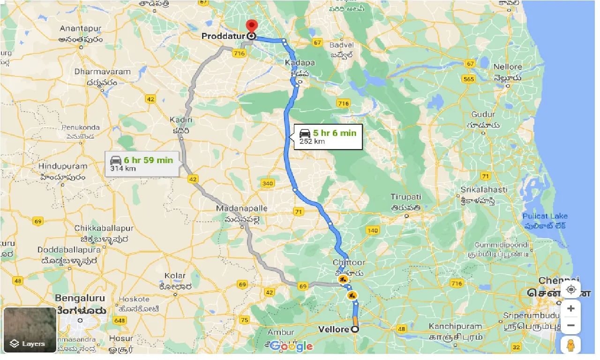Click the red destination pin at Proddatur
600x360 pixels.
click(252, 26)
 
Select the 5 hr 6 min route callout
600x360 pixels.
click(328, 136)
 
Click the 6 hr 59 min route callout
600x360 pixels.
click(142, 164)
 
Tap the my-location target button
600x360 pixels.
click(570, 290)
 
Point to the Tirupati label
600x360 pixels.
click(406, 197)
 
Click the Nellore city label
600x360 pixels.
click(507, 67)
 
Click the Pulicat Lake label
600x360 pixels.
click(545, 216)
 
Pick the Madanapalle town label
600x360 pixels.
click(242, 208)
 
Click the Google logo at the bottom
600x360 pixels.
click(291, 346)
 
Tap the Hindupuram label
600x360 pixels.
click(63, 166)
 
